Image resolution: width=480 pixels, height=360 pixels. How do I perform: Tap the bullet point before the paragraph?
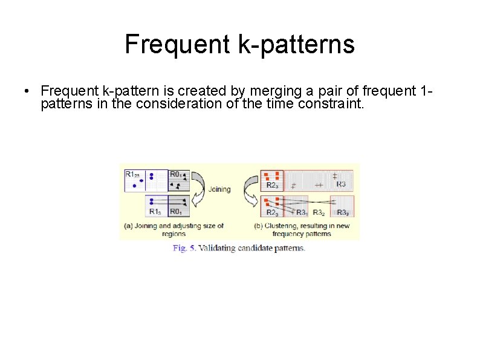[28, 91]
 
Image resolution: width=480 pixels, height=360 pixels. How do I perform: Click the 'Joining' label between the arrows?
[219, 189]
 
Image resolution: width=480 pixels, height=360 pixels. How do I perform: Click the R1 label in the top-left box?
[132, 174]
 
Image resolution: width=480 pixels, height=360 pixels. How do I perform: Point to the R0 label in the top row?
[176, 174]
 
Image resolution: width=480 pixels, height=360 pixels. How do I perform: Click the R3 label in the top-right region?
[341, 184]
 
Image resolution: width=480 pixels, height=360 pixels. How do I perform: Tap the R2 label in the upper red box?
[272, 185]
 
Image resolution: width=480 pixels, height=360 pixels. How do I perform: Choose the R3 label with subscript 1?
[301, 212]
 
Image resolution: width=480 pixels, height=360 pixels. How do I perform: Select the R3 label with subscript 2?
[319, 212]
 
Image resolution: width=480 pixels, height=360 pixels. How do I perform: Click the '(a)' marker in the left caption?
[129, 226]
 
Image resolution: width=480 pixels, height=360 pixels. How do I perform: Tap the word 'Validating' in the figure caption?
[219, 247]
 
